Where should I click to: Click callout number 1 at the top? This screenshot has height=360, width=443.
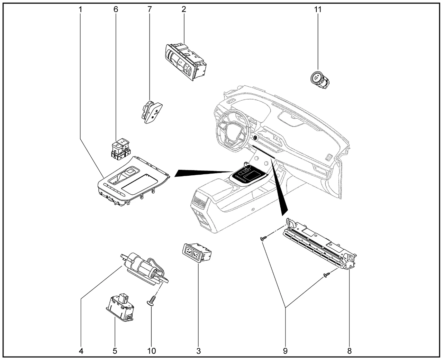pyautogui.click(x=81, y=9)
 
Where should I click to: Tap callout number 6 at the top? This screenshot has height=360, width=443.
pyautogui.click(x=116, y=9)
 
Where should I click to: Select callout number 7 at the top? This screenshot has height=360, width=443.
pyautogui.click(x=150, y=9)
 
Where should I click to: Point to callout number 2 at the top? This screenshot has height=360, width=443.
pyautogui.click(x=184, y=9)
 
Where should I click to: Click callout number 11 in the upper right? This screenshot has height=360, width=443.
pyautogui.click(x=318, y=9)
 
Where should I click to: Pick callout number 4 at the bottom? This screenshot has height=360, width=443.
pyautogui.click(x=81, y=351)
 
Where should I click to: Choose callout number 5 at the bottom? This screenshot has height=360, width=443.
pyautogui.click(x=115, y=351)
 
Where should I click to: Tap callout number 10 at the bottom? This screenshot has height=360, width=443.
pyautogui.click(x=151, y=351)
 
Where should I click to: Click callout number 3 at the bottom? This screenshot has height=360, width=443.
pyautogui.click(x=198, y=351)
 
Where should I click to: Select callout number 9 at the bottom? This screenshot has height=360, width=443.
pyautogui.click(x=285, y=351)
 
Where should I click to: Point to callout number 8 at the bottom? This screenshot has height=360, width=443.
pyautogui.click(x=349, y=351)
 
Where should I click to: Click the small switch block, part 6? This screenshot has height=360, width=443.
pyautogui.click(x=121, y=149)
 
